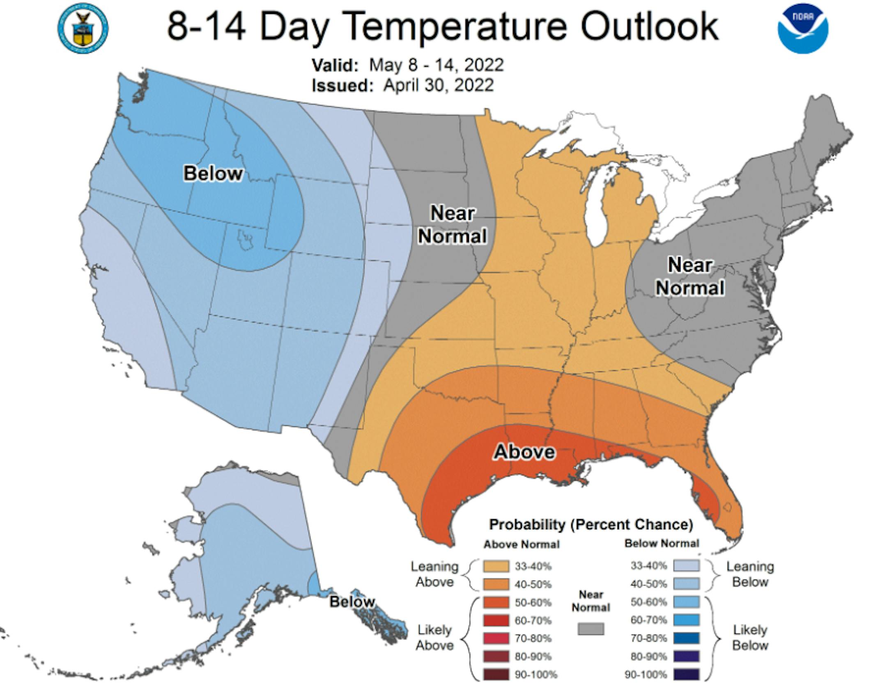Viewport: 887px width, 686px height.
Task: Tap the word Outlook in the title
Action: (x=649, y=26)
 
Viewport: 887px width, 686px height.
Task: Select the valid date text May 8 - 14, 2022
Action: (x=436, y=65)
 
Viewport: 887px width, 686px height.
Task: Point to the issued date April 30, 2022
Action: (x=438, y=85)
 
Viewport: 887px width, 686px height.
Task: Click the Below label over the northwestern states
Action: (x=213, y=173)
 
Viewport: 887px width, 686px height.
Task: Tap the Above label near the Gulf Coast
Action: (x=524, y=452)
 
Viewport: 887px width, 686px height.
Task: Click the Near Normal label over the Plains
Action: (x=452, y=224)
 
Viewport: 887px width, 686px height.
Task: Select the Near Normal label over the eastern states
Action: (x=690, y=276)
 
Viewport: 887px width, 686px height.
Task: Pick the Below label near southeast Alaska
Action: (x=352, y=601)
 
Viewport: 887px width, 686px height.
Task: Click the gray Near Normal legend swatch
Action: (x=591, y=629)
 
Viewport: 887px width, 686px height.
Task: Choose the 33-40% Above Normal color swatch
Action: (x=496, y=566)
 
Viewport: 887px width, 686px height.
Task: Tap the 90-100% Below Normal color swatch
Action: (x=686, y=674)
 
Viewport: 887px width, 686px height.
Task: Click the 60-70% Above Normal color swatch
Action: (x=496, y=620)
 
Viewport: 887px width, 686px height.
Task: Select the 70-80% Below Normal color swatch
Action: (x=686, y=638)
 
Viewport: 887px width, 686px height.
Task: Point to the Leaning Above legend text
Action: (x=434, y=574)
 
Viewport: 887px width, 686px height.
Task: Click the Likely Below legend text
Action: (x=750, y=637)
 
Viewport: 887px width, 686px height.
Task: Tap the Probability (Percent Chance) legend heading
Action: (x=591, y=524)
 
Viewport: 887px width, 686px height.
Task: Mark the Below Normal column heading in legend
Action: (x=662, y=544)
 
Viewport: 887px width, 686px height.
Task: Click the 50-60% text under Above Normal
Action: (x=533, y=602)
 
